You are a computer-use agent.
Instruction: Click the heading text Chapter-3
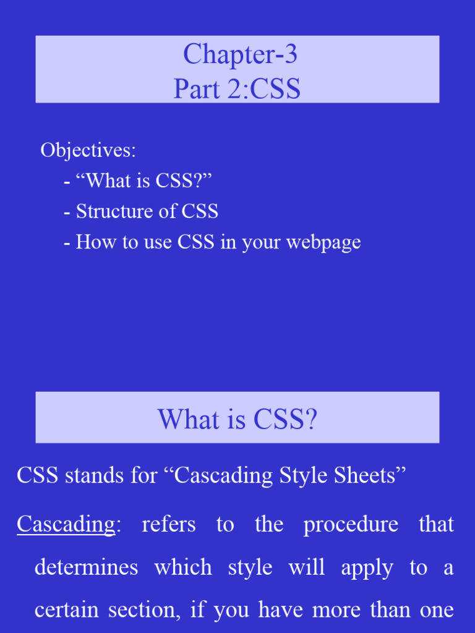point(240,55)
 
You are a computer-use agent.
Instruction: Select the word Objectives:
point(88,150)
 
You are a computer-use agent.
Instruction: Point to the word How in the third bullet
point(93,242)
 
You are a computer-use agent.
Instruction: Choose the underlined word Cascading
point(66,525)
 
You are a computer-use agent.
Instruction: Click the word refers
point(169,525)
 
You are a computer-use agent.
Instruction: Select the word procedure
point(351,525)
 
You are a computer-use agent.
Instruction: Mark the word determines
point(86,567)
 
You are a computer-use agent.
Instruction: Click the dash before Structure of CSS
point(66,212)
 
